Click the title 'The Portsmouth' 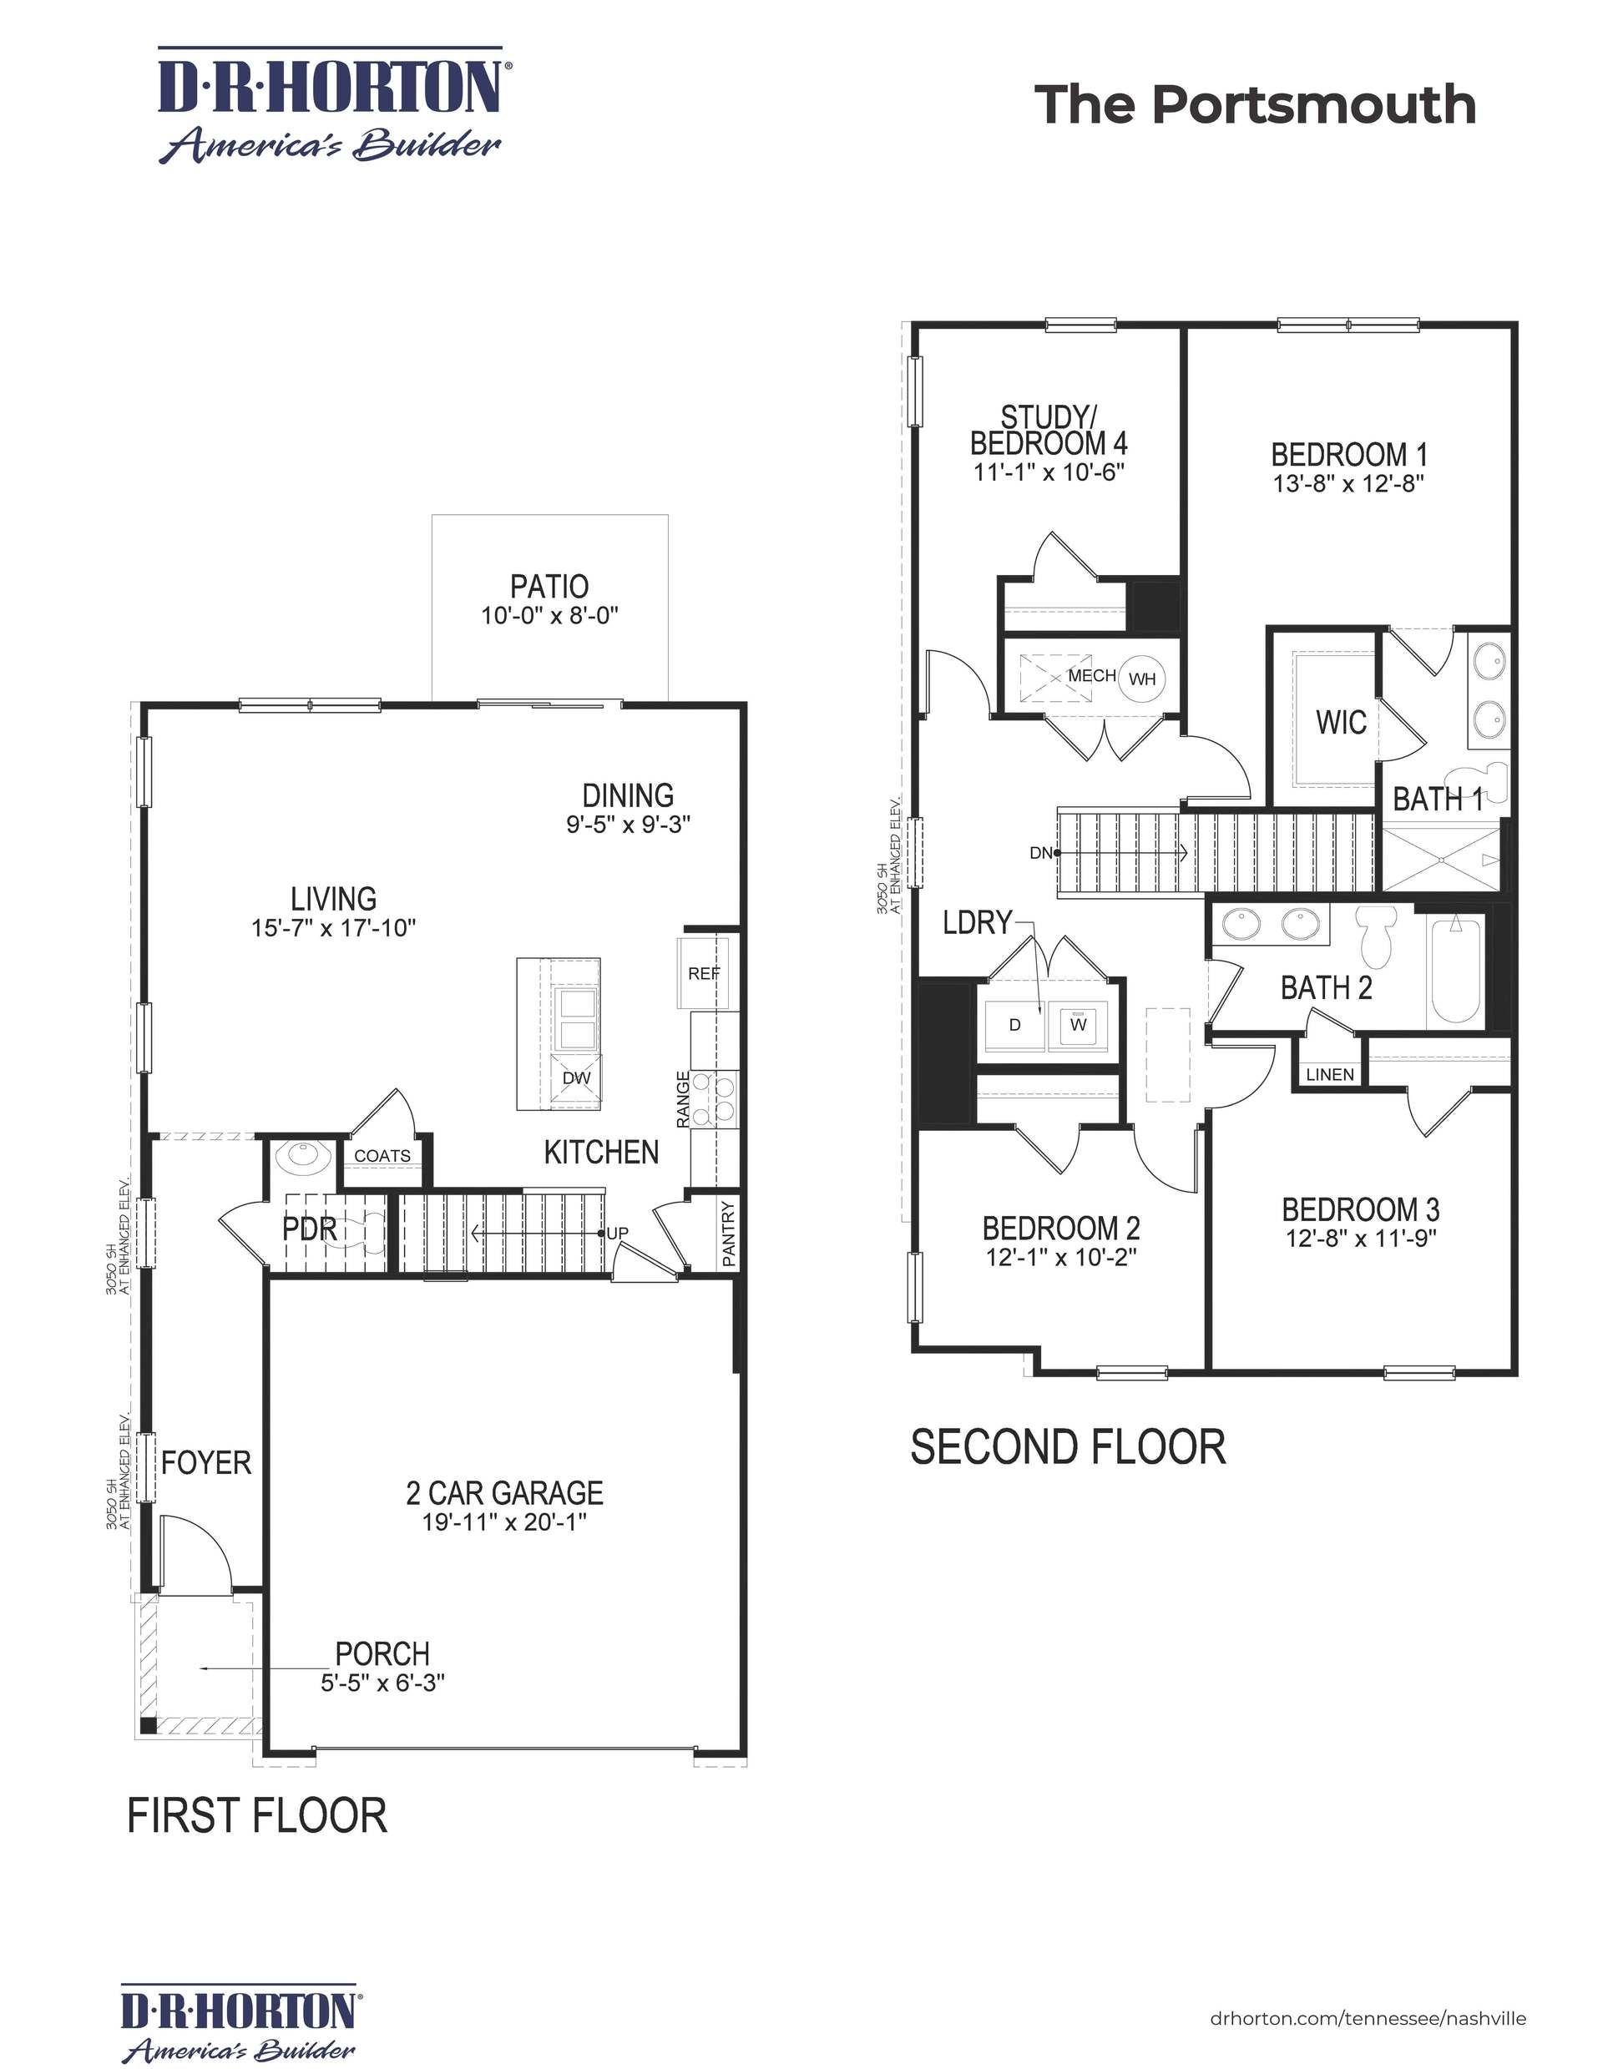(x=1254, y=104)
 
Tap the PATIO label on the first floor (x=549, y=587)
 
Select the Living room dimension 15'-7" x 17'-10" (x=334, y=927)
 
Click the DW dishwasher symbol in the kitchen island (x=576, y=1078)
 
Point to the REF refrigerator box (x=703, y=973)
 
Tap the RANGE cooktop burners (x=715, y=1099)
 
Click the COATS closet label (x=382, y=1156)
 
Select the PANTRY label (x=728, y=1234)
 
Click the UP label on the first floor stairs (x=617, y=1233)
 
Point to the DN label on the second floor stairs (x=1040, y=853)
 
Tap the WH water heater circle (x=1142, y=679)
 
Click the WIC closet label (x=1340, y=723)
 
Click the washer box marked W (x=1078, y=1024)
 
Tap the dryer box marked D (x=1014, y=1025)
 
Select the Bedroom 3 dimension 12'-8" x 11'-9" (x=1360, y=1239)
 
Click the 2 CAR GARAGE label (x=504, y=1493)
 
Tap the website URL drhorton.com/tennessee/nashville (x=1368, y=2018)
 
